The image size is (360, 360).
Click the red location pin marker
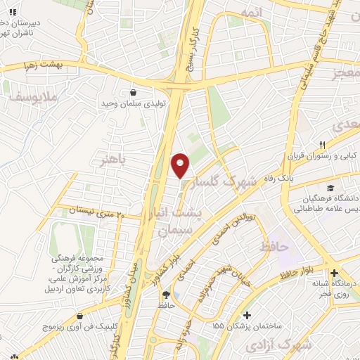coord(181,166)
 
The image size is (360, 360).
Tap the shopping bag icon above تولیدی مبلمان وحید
coord(133,91)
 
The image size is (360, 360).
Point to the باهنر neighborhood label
coord(115,160)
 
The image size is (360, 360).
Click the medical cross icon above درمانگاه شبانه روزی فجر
coord(334,273)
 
